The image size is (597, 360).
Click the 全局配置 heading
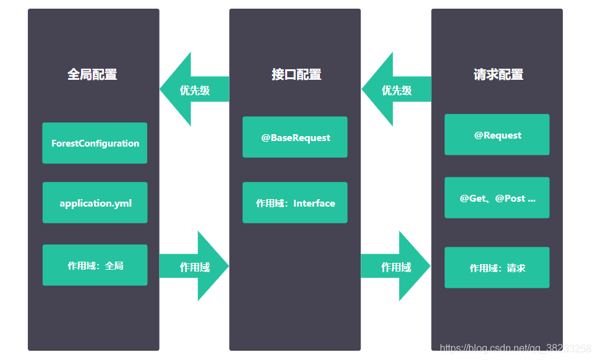tap(92, 74)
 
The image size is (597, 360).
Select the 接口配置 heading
tap(296, 74)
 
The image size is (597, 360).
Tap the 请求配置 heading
tap(499, 74)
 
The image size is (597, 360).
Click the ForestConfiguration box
tap(95, 143)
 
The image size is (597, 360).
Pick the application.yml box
tap(95, 202)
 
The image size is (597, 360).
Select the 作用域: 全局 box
tap(95, 265)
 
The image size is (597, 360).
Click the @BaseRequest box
tap(295, 137)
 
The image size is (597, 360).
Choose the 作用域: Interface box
tap(295, 202)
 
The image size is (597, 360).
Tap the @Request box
tap(497, 134)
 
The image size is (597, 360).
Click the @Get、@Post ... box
tap(497, 197)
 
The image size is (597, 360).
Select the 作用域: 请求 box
tap(497, 268)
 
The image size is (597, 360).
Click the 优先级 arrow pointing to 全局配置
tap(194, 89)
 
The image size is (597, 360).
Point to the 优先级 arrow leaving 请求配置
tap(397, 89)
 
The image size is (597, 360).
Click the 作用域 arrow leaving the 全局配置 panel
tap(194, 266)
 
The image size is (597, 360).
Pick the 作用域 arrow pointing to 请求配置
tap(396, 266)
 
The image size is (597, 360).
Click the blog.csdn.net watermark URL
tap(515, 348)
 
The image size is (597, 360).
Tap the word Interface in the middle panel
tap(314, 204)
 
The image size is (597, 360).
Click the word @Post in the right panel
tap(510, 199)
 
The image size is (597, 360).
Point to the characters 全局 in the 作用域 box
tap(114, 265)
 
